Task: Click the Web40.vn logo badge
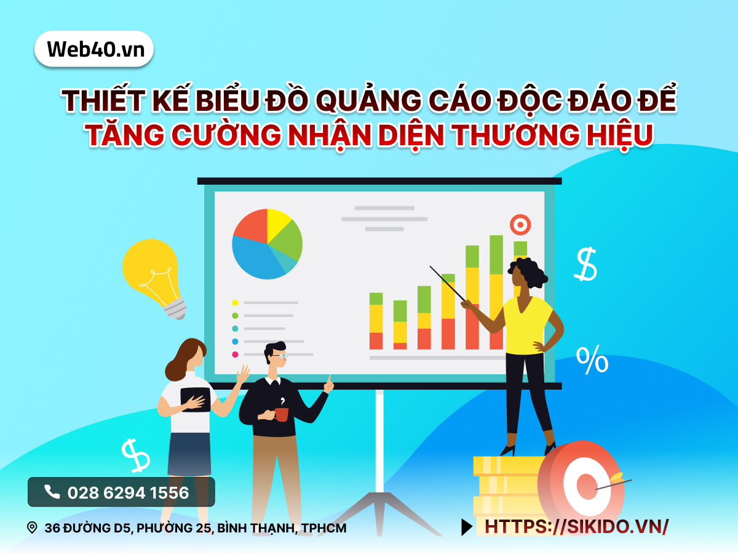94,49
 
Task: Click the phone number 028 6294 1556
127,492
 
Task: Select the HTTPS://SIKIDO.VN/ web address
576,526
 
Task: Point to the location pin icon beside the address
32,528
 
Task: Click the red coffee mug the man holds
281,414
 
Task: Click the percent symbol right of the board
592,360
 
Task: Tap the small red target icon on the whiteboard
520,224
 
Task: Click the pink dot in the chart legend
235,355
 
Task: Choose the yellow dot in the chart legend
235,303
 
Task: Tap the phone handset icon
52,492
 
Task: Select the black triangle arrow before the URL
467,526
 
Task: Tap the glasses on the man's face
280,355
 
